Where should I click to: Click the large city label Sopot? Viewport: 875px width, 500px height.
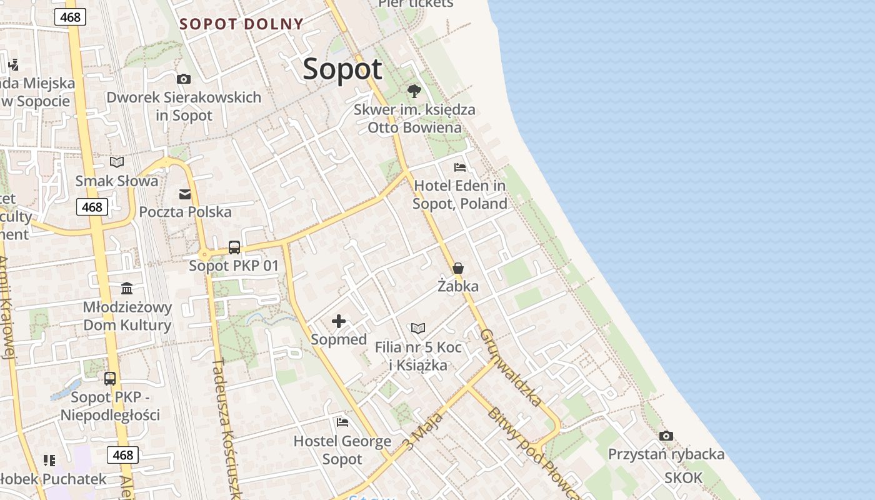(x=342, y=69)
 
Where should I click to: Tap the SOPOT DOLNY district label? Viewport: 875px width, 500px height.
(x=241, y=24)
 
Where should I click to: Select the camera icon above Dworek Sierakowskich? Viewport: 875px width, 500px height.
(x=183, y=79)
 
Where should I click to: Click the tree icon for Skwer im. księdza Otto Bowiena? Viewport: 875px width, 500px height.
(x=414, y=91)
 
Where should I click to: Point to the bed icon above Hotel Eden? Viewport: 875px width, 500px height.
(x=460, y=167)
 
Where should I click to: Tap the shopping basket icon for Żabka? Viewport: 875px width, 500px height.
(x=458, y=268)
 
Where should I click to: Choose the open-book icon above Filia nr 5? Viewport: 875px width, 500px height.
(x=418, y=328)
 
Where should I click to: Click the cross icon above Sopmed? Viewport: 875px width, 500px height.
(x=339, y=321)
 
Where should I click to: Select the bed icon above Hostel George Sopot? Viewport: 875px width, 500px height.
(x=342, y=422)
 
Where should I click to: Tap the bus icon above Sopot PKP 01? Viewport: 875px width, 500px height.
(x=234, y=247)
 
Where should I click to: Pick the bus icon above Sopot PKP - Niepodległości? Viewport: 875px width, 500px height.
(x=110, y=379)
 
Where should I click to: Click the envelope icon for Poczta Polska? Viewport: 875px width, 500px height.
(x=185, y=194)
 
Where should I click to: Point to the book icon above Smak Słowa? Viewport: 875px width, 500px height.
(x=117, y=162)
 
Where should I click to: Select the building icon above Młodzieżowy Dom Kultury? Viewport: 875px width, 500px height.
(x=127, y=288)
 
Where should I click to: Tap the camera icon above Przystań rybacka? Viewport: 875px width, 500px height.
(x=666, y=436)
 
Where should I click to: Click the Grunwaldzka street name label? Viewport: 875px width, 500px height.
(x=511, y=367)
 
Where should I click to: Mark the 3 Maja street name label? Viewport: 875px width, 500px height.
(x=422, y=431)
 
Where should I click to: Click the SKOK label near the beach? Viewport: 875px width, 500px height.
(x=683, y=478)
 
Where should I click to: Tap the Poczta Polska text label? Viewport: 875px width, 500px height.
(x=185, y=212)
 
